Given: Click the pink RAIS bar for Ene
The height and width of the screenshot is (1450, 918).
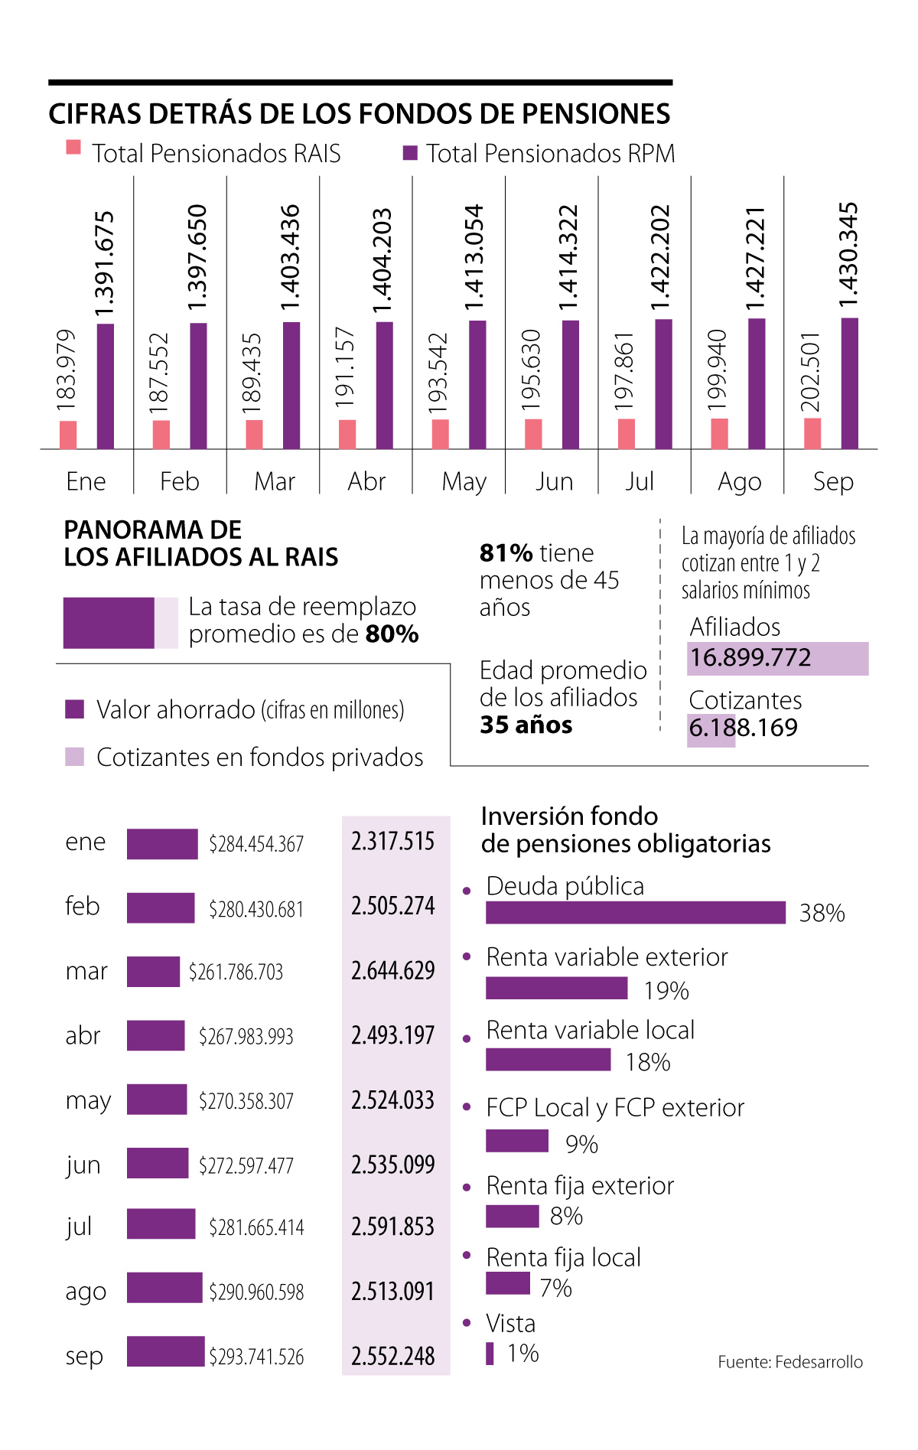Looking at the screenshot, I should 68,434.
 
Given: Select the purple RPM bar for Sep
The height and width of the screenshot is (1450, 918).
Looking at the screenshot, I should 849,383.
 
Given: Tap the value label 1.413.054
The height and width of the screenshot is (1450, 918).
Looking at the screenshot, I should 474,257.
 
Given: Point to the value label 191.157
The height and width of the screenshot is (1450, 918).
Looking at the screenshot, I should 345,367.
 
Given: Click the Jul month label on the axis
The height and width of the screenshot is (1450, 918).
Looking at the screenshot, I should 640,481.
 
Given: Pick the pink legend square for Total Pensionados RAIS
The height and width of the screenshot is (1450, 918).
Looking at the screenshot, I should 73,148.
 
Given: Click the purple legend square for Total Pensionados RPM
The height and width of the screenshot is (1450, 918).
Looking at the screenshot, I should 410,153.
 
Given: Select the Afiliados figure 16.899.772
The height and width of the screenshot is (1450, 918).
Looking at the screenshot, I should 750,658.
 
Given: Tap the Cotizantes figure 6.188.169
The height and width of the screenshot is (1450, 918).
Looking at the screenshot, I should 743,728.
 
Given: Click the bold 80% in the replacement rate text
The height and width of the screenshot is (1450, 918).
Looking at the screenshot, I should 392,634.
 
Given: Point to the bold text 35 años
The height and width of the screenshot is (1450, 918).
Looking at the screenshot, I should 526,725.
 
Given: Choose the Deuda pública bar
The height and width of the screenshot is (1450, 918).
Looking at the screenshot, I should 635,913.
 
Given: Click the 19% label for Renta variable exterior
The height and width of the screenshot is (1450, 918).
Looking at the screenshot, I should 666,991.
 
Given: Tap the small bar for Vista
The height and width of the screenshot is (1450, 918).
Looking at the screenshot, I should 490,1354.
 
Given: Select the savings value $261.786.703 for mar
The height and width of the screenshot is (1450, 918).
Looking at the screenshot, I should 236,972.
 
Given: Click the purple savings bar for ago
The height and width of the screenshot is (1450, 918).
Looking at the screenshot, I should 164,1288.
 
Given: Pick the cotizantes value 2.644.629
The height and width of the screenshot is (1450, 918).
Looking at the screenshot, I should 393,970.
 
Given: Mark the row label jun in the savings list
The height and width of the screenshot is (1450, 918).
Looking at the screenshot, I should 83,1165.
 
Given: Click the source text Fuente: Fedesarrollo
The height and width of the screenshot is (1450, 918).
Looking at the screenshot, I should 790,1362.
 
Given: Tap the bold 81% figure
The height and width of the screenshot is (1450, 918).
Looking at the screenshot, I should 506,552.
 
